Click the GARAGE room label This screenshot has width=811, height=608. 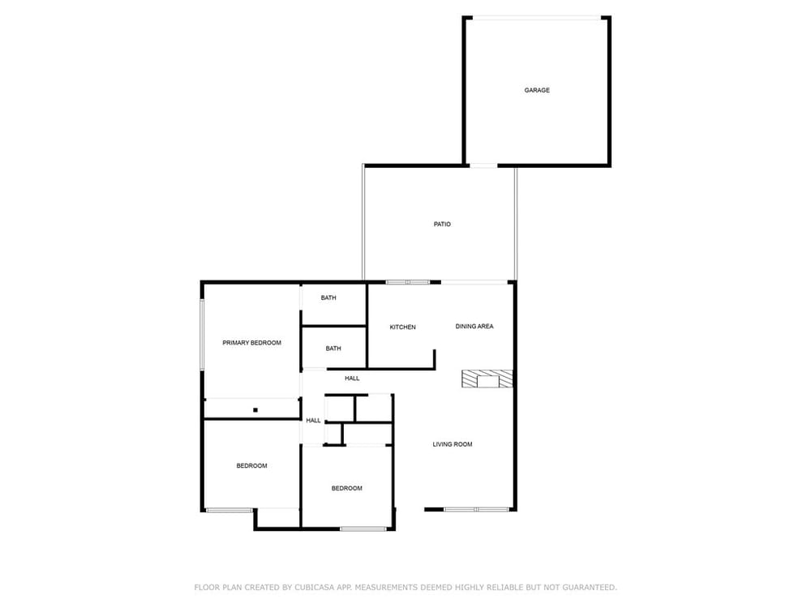(537, 90)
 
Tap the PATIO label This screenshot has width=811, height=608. (442, 224)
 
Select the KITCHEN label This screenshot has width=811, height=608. (402, 327)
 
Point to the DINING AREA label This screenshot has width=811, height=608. (474, 326)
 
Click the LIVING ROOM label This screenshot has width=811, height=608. (453, 444)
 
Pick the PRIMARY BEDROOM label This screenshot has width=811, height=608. (252, 343)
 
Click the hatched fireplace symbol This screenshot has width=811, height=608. (487, 379)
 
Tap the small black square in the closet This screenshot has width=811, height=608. (255, 410)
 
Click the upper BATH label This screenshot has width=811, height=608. (328, 298)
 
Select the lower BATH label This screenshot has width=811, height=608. (333, 349)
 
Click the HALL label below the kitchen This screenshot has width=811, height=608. (352, 379)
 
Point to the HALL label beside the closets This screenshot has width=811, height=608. (313, 420)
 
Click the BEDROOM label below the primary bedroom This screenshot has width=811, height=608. (252, 466)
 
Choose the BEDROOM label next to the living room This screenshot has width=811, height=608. (347, 488)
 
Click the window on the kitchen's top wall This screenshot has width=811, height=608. (408, 282)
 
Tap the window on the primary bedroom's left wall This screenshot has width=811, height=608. (203, 335)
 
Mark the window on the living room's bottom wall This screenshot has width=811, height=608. (476, 510)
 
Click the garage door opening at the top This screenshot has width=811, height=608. (537, 18)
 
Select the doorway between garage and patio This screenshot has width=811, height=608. (483, 165)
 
